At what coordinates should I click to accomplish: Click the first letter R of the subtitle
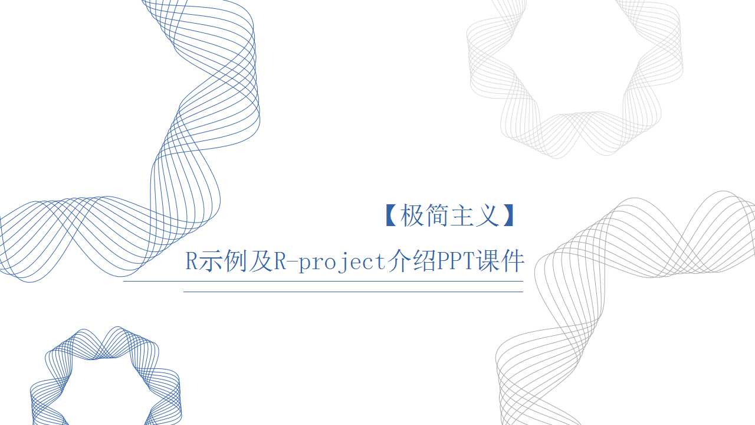pyautogui.click(x=192, y=261)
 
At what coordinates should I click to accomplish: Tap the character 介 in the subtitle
pyautogui.click(x=399, y=261)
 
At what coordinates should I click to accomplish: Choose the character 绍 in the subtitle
pyautogui.click(x=424, y=261)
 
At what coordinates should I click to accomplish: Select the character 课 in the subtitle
pyautogui.click(x=487, y=261)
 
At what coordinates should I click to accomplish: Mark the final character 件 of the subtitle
pyautogui.click(x=512, y=261)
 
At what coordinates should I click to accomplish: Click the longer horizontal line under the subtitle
pyautogui.click(x=323, y=282)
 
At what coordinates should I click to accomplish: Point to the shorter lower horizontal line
pyautogui.click(x=353, y=292)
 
